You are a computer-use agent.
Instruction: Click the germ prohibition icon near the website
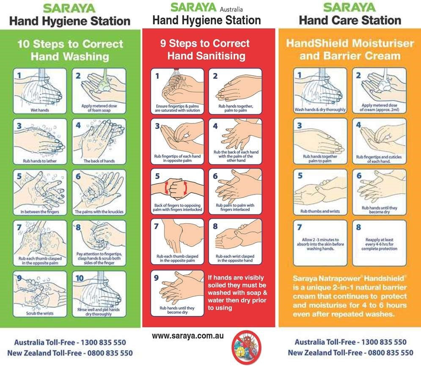(x=247, y=347)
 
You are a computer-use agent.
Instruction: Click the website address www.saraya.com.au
(x=188, y=336)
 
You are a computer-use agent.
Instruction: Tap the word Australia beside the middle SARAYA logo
(x=231, y=9)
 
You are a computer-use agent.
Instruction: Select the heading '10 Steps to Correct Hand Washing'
(x=70, y=50)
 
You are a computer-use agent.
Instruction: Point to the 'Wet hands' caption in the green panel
(x=39, y=110)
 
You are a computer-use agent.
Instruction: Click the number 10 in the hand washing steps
(x=80, y=278)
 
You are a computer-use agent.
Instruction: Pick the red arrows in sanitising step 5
(x=176, y=188)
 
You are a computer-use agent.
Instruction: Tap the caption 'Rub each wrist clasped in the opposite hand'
(x=235, y=258)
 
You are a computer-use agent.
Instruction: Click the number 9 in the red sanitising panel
(x=156, y=278)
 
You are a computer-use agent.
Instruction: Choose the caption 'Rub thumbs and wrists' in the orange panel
(x=320, y=211)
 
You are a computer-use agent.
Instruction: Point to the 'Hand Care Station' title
(x=350, y=20)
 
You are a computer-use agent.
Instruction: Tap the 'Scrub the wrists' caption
(x=40, y=313)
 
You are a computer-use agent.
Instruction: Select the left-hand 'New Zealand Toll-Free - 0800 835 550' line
(x=70, y=353)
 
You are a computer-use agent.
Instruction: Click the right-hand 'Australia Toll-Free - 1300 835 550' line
(x=350, y=342)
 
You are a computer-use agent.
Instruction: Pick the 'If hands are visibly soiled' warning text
(x=237, y=293)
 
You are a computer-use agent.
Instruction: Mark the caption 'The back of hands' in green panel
(x=99, y=161)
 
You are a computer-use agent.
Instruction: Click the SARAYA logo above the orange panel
(x=349, y=7)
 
